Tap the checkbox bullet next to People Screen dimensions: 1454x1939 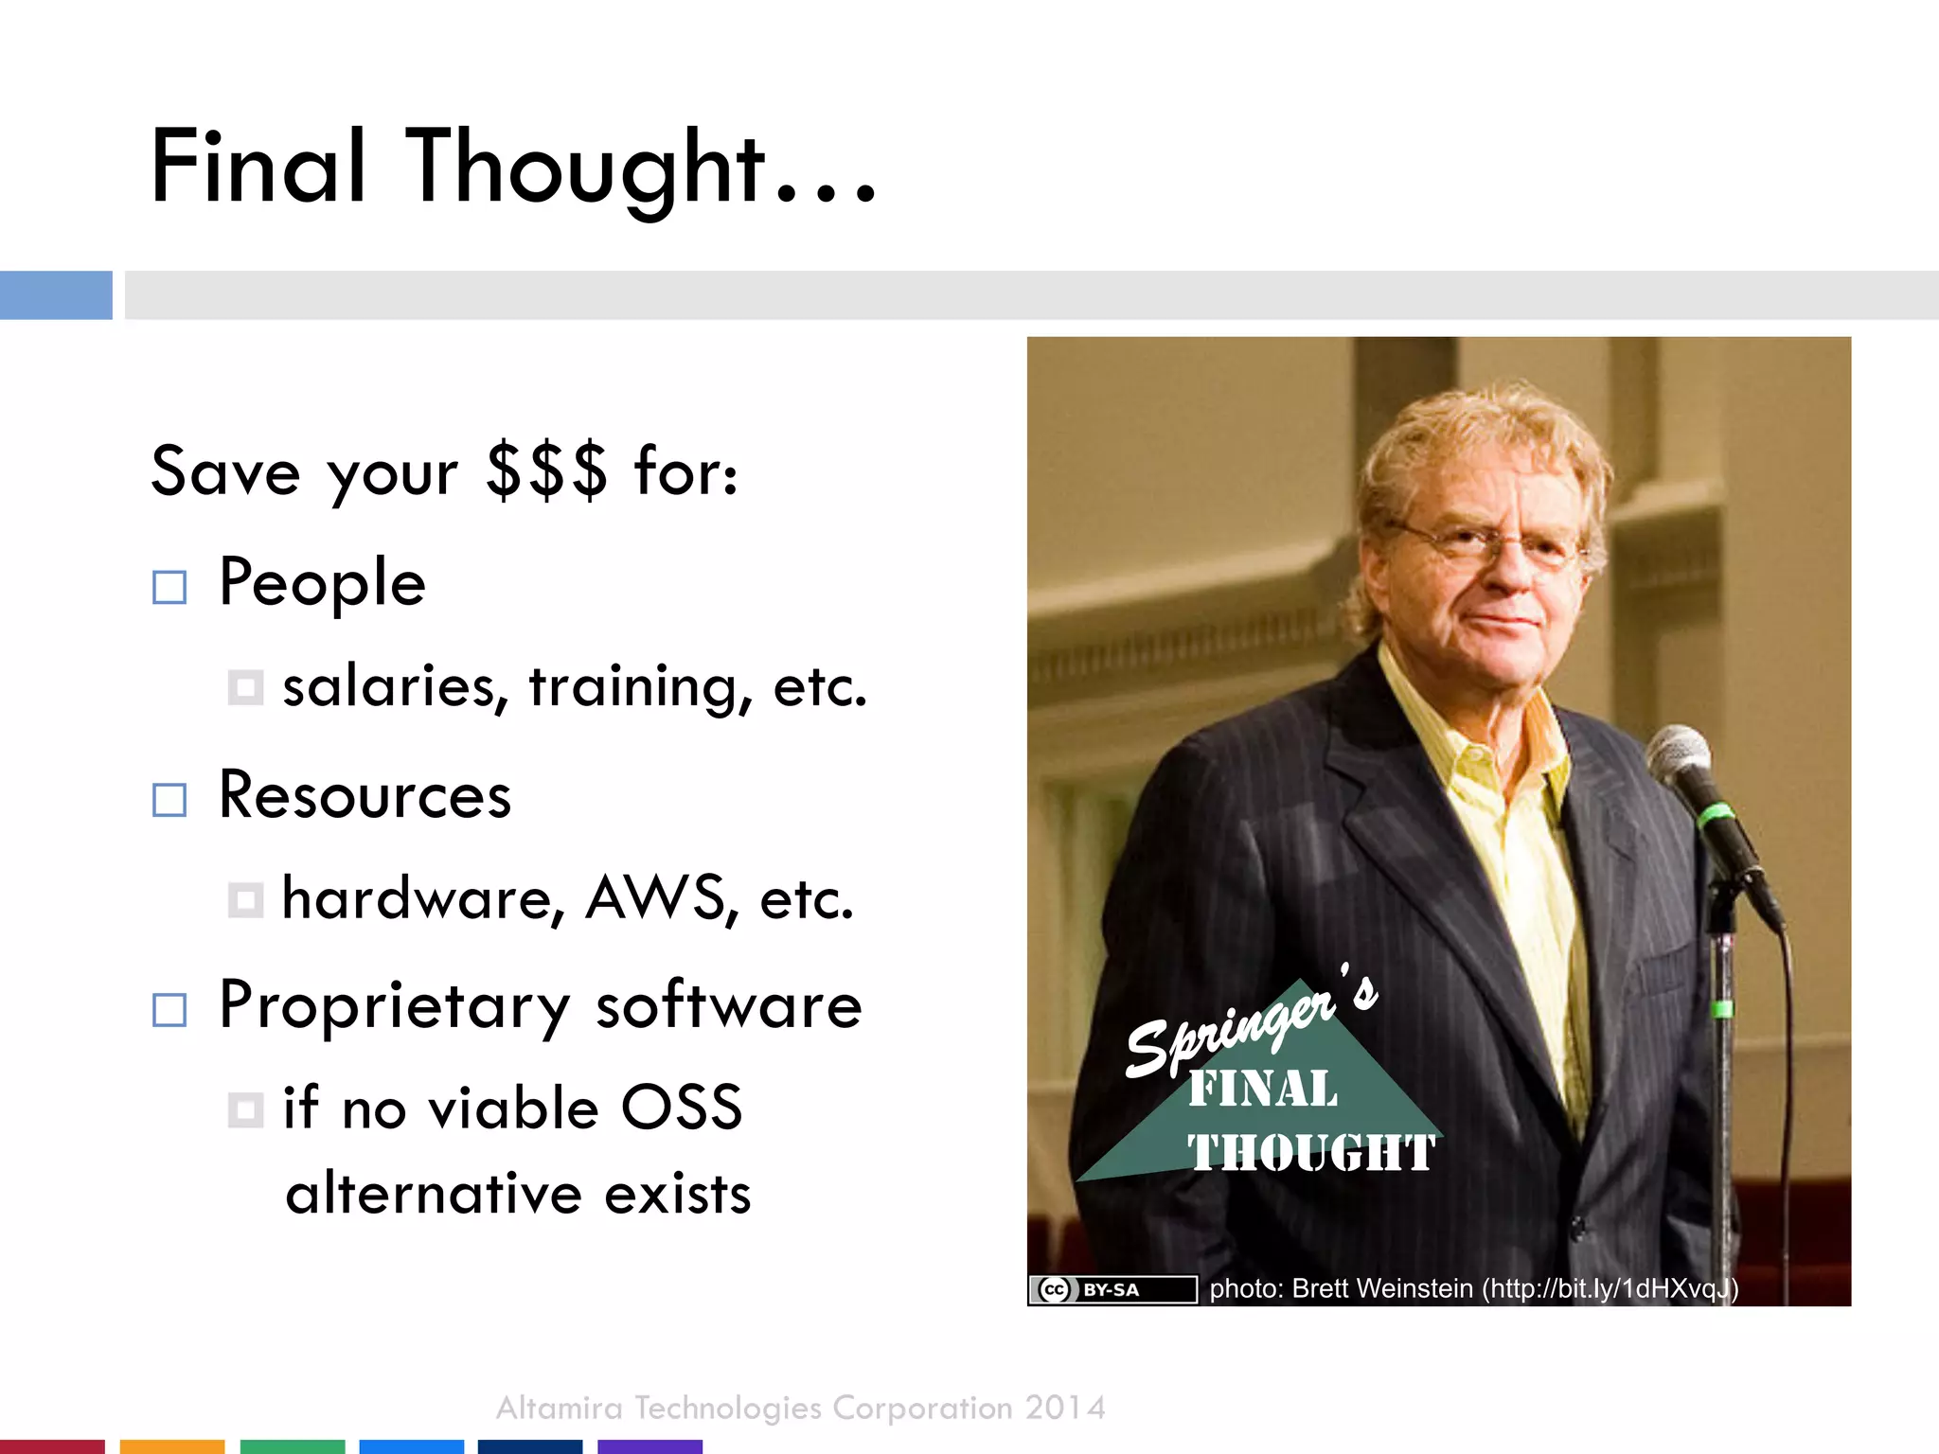169,587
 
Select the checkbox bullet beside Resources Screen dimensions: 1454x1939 169,800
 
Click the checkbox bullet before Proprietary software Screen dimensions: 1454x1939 169,1010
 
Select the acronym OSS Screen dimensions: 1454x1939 681,1108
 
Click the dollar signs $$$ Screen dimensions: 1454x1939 545,470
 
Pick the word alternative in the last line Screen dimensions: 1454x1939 433,1193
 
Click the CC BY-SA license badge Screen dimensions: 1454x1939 1113,1289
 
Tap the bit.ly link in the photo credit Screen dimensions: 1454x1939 1610,1289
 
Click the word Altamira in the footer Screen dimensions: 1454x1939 559,1409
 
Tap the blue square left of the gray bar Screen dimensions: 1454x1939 56,295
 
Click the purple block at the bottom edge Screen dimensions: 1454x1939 649,1446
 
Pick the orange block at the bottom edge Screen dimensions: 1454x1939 172,1446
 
